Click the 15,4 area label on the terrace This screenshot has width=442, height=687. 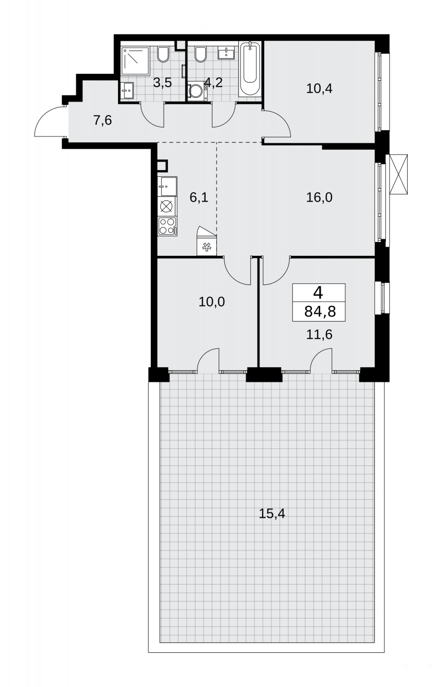point(272,514)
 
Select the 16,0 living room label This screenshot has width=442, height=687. point(319,198)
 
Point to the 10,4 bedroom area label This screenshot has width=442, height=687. point(319,88)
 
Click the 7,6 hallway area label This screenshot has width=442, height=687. point(103,121)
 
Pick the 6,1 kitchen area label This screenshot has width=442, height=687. point(199,198)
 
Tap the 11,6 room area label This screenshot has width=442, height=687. point(319,334)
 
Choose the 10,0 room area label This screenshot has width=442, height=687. point(212,302)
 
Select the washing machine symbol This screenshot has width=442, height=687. point(197,91)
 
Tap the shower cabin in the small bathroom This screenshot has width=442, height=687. point(135,61)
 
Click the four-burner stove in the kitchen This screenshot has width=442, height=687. point(167,226)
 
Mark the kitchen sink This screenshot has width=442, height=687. point(167,186)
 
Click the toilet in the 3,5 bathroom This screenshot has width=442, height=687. point(163,55)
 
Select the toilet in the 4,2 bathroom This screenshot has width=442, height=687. point(200,55)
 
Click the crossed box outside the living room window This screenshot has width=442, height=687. point(399,174)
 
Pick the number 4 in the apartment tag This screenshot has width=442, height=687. point(318,293)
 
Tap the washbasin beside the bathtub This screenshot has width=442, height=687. point(226,52)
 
